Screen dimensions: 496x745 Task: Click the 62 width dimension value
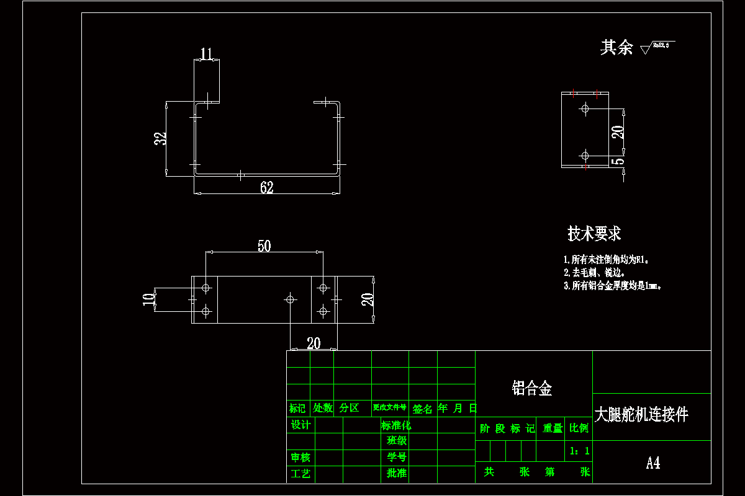267,187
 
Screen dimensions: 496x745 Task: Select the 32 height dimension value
161,139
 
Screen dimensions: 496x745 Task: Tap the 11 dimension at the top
207,53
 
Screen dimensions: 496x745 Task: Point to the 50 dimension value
264,246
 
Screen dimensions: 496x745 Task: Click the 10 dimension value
148,299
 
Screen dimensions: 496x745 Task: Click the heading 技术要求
594,234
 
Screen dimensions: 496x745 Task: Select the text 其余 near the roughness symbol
616,48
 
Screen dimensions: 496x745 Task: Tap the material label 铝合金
532,389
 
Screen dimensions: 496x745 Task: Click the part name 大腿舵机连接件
641,415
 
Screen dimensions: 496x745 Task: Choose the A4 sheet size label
652,463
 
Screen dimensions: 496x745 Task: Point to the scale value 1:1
579,451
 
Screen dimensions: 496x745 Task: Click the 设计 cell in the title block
300,425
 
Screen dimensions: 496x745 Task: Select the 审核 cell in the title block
300,458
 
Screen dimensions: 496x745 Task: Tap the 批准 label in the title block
396,473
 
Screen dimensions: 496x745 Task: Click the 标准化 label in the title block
396,425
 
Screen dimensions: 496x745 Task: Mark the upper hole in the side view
584,108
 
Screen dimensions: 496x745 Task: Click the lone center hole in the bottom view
289,299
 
